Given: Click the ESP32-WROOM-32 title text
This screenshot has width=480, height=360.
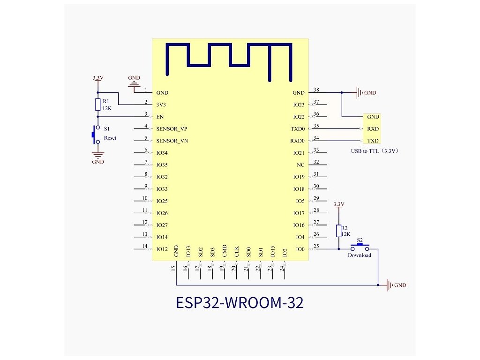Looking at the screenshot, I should click(240, 302).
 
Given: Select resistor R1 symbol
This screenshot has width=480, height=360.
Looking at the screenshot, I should click(97, 105).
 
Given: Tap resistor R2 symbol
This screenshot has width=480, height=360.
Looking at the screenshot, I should click(338, 231).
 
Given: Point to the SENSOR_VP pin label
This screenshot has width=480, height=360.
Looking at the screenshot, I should click(172, 128).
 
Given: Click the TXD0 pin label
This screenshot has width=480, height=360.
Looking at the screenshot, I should click(299, 128).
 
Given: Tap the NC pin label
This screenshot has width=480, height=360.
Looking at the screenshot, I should click(300, 165).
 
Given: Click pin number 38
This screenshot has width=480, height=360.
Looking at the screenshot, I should click(316, 90).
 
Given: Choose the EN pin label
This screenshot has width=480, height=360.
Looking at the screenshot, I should click(159, 116).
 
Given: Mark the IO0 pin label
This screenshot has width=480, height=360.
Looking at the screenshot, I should click(300, 249).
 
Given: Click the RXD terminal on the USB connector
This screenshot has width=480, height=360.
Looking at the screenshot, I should click(373, 129).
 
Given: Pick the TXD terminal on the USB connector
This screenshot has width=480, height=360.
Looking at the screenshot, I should click(373, 141).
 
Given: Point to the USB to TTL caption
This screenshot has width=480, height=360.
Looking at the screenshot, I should click(375, 151).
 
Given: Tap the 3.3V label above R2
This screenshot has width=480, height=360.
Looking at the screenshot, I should click(338, 204).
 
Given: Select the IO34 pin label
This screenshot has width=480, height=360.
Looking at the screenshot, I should click(162, 153).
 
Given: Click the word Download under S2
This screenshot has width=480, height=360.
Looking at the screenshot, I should click(359, 255).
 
